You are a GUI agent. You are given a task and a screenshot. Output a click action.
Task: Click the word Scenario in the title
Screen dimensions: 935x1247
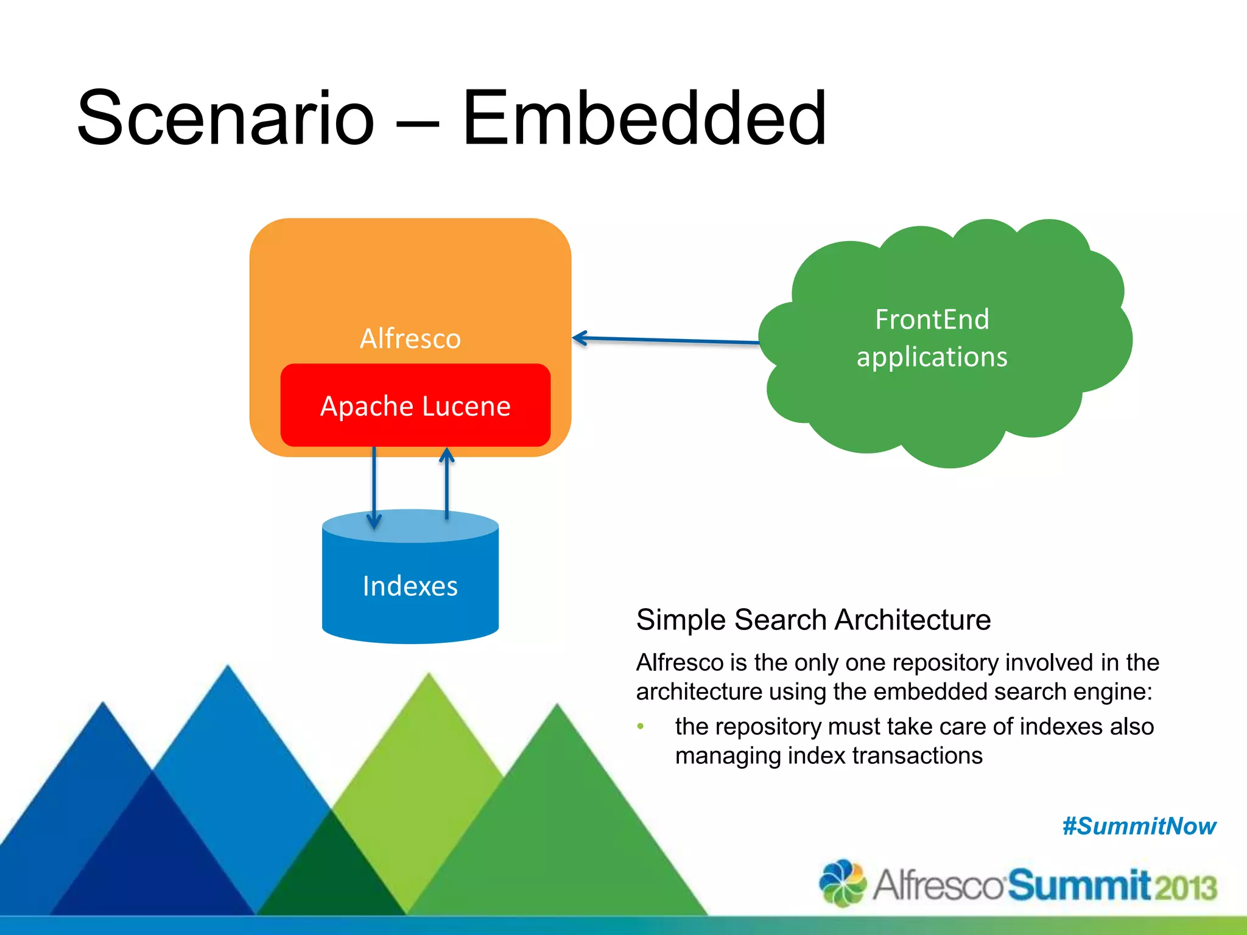click(x=225, y=119)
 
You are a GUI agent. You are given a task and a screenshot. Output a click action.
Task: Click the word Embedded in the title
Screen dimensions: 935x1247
click(x=644, y=119)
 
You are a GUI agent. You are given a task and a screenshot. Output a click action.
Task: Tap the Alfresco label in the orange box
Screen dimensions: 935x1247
click(x=410, y=338)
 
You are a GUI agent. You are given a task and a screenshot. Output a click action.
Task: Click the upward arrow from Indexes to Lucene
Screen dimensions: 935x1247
click(x=447, y=484)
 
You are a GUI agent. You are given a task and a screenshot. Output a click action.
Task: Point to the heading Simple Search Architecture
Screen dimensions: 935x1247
click(x=813, y=620)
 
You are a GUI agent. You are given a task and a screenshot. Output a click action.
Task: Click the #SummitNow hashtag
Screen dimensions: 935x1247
click(x=1139, y=827)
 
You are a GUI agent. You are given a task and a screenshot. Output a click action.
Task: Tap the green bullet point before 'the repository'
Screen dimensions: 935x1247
click(x=641, y=726)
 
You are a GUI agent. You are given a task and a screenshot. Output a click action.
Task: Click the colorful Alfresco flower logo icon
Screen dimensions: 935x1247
click(x=843, y=883)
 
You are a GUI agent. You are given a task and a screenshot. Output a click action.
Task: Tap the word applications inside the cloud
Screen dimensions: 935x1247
click(x=932, y=357)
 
